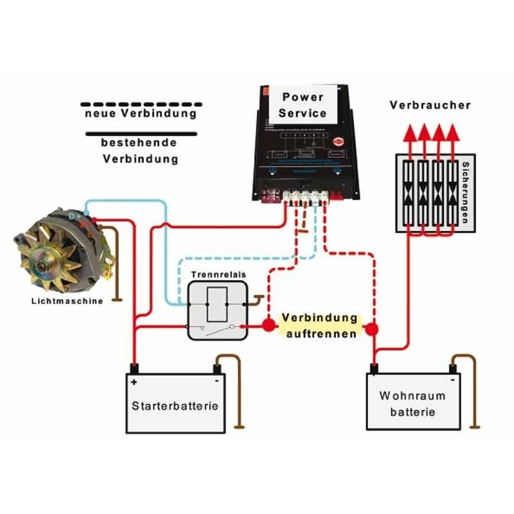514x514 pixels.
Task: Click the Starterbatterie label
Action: tap(175, 406)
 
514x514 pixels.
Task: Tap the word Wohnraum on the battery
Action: tap(412, 396)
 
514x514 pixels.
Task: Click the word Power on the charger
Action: tap(303, 98)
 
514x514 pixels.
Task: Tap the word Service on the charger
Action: tap(303, 113)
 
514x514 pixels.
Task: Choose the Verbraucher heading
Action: tap(430, 105)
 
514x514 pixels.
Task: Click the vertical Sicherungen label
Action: tap(466, 193)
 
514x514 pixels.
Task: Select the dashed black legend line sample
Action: tap(141, 103)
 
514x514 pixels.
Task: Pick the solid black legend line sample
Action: tap(141, 134)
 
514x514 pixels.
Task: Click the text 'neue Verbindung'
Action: tap(140, 114)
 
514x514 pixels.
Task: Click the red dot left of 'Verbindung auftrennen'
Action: tap(267, 326)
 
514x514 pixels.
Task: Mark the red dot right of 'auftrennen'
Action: tap(372, 330)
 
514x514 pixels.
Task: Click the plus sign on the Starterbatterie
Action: tap(134, 381)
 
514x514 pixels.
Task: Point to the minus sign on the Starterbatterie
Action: tap(217, 381)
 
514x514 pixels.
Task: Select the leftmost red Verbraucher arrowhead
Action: tap(408, 132)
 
